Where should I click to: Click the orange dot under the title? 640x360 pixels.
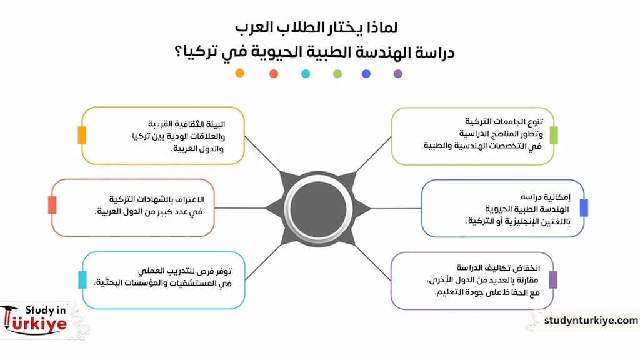click(239, 73)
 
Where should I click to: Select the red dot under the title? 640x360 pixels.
click(274, 74)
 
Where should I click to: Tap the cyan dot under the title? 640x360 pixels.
click(306, 74)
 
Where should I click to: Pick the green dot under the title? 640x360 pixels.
click(337, 74)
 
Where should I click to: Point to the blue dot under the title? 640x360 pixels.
click(366, 74)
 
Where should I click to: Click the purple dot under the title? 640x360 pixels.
click(398, 74)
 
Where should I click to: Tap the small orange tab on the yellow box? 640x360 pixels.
click(82, 135)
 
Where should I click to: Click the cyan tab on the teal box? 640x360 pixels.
click(82, 279)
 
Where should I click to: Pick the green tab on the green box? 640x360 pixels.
click(554, 135)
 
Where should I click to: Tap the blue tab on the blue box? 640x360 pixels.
click(584, 207)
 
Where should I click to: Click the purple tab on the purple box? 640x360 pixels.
click(553, 279)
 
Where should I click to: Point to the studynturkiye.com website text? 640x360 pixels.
click(591, 320)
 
